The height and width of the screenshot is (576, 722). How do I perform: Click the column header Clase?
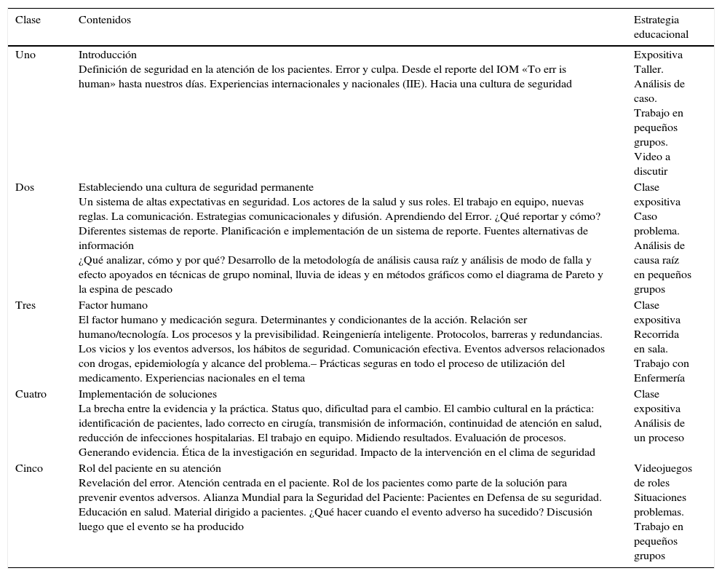tap(28, 20)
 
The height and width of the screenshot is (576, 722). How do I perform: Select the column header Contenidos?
tap(104, 20)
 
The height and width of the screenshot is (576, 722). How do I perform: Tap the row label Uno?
tap(25, 55)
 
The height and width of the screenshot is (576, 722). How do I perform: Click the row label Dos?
tap(24, 187)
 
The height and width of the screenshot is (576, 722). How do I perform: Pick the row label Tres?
tap(25, 305)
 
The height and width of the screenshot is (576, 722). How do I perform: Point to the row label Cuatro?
tap(31, 394)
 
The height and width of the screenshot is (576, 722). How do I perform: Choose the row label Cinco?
tap(29, 468)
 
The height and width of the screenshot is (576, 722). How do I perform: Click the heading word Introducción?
tap(107, 55)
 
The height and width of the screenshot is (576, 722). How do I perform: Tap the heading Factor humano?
tap(113, 305)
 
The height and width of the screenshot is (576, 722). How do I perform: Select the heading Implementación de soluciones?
tap(147, 394)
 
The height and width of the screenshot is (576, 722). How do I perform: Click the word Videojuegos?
tap(662, 468)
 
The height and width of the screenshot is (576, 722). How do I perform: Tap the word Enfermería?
tap(659, 378)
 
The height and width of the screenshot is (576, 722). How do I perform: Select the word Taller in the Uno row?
tap(648, 69)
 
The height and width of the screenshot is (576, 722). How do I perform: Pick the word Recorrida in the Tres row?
tap(656, 334)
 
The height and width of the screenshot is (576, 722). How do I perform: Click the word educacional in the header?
tap(660, 34)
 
